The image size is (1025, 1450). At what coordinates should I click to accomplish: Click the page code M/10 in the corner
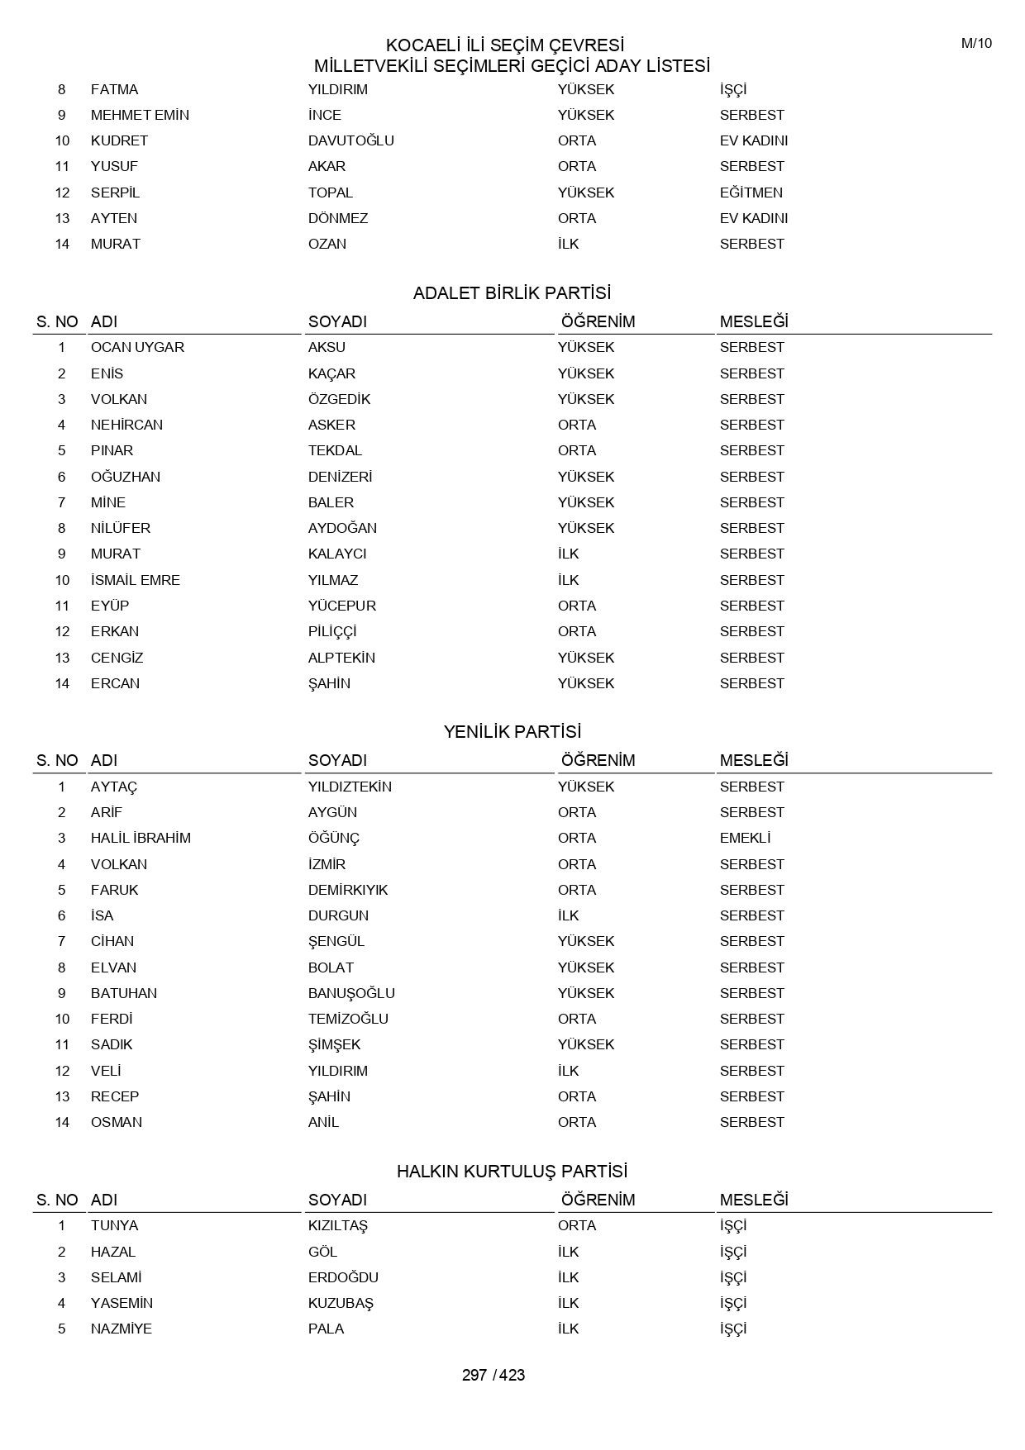click(976, 44)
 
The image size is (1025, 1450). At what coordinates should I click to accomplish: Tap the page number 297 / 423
click(493, 1375)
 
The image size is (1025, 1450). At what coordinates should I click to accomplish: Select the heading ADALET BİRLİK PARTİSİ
click(512, 293)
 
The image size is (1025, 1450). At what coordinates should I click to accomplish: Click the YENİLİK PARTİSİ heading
click(512, 732)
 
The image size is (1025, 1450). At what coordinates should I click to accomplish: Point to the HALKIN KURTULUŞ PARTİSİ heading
click(512, 1172)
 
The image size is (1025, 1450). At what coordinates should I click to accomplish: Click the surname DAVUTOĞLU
click(350, 140)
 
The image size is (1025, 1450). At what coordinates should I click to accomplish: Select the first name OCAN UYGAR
click(137, 347)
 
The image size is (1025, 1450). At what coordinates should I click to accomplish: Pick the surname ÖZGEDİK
click(339, 399)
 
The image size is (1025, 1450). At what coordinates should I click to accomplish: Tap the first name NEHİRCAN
click(126, 425)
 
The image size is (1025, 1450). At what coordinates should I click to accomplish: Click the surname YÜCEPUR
click(341, 606)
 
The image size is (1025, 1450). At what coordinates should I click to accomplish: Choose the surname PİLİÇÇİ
click(332, 631)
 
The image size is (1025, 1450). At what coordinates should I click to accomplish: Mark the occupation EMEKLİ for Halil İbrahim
click(745, 838)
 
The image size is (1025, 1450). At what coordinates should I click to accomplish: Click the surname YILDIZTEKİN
click(350, 787)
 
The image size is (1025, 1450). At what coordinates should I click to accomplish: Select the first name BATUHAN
click(123, 993)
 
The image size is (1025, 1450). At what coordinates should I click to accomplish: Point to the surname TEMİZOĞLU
click(348, 1019)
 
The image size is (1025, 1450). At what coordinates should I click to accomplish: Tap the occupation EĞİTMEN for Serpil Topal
click(751, 193)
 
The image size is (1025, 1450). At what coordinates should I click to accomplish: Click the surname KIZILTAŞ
click(337, 1225)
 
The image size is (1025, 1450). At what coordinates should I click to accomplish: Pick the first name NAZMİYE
click(121, 1329)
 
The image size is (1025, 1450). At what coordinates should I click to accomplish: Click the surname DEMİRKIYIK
click(347, 890)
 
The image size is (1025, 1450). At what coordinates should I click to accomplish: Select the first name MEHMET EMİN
click(140, 115)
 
